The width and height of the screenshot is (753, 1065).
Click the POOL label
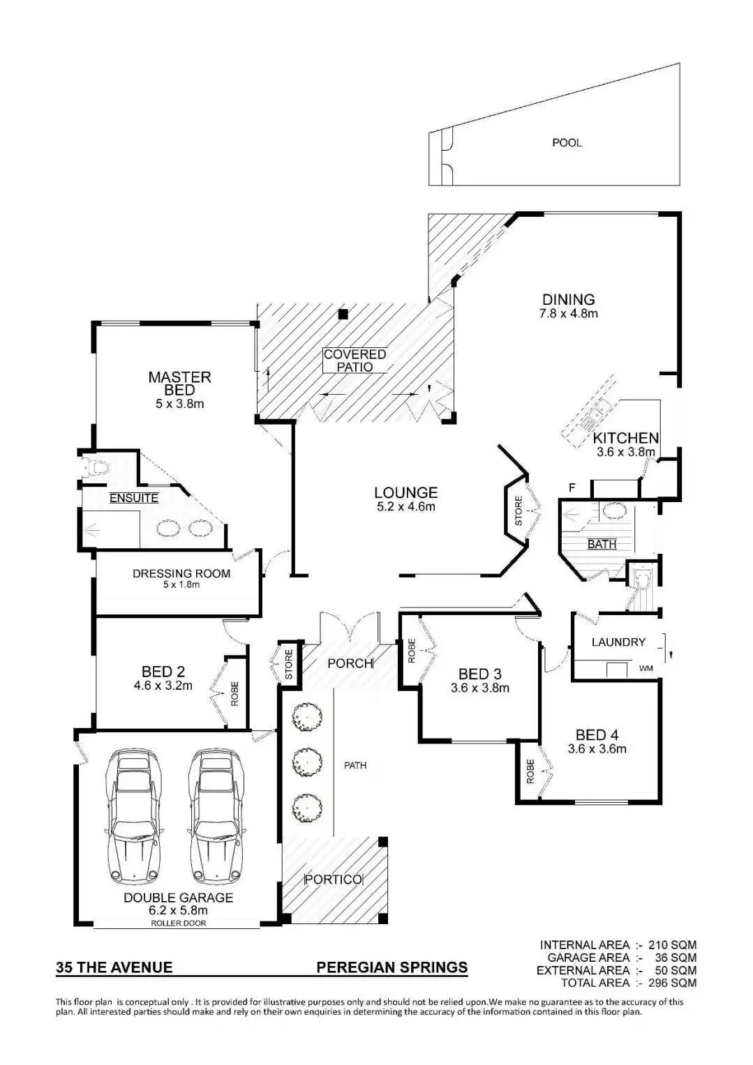tap(567, 143)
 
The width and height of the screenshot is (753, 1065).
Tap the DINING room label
tap(569, 300)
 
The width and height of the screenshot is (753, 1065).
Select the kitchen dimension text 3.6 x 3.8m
tap(625, 452)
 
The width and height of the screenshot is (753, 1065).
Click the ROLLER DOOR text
tap(179, 923)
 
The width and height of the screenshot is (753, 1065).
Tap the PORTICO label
tap(333, 879)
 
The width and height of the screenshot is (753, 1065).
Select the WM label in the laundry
tap(646, 669)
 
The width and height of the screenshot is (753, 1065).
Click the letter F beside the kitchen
tap(572, 488)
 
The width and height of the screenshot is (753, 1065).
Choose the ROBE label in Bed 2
tap(234, 694)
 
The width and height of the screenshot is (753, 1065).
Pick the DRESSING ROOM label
tap(181, 574)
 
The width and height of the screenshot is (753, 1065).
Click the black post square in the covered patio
tap(343, 315)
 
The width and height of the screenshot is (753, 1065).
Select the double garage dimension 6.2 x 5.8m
tap(179, 910)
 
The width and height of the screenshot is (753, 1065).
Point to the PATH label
tap(355, 766)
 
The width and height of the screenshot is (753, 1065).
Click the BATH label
tap(602, 544)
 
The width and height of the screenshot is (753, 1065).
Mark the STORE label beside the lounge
tap(519, 511)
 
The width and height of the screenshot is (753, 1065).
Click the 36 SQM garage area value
tap(676, 958)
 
